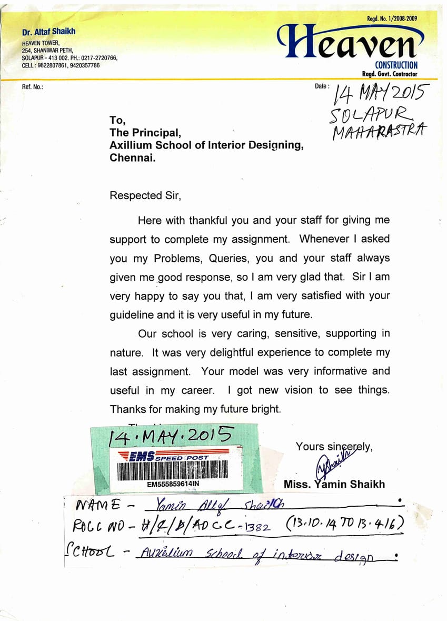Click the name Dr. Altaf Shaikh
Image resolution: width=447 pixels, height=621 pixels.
49,32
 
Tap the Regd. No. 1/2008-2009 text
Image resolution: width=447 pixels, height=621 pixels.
392,19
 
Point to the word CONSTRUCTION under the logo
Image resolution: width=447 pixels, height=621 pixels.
396,65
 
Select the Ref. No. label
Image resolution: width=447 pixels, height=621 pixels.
33,86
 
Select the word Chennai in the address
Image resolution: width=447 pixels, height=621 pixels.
132,157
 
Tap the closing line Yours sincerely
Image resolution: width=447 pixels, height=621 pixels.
334,446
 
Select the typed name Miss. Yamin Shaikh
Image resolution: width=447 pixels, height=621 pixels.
334,484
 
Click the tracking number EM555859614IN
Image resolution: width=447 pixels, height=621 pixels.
173,484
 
